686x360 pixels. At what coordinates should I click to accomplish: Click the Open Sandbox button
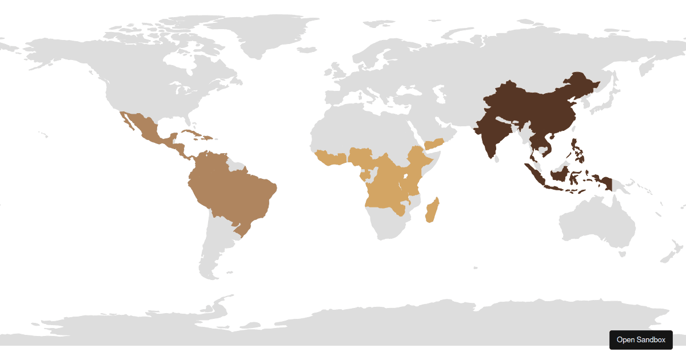point(641,340)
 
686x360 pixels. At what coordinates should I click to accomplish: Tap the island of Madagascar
point(433,210)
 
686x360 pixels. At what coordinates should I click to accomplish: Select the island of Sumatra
point(535,174)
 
